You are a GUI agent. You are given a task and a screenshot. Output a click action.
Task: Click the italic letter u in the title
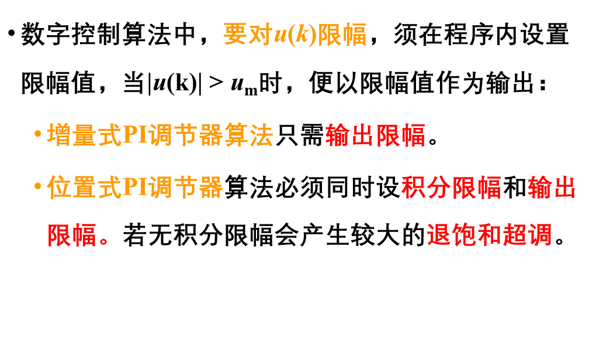[280, 36]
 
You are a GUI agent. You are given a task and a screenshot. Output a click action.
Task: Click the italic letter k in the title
[302, 34]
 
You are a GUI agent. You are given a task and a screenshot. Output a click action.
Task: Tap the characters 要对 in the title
[248, 34]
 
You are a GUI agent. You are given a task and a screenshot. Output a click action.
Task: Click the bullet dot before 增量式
[37, 134]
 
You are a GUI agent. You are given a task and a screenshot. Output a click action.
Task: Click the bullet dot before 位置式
[37, 186]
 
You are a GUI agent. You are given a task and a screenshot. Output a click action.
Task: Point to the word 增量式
[85, 135]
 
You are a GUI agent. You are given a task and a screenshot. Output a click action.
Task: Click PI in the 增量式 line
[135, 135]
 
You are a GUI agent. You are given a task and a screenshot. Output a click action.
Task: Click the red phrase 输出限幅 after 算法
[375, 135]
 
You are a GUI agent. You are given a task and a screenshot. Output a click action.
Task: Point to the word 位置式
[85, 187]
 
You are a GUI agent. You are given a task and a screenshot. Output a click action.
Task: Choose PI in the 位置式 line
[135, 187]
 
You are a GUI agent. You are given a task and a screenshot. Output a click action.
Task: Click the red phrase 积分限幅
[451, 187]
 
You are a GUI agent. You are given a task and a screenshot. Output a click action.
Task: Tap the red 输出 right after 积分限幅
[552, 187]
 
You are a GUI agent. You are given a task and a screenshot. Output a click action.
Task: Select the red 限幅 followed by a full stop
[72, 236]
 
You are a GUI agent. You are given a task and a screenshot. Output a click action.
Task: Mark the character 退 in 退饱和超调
[439, 236]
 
